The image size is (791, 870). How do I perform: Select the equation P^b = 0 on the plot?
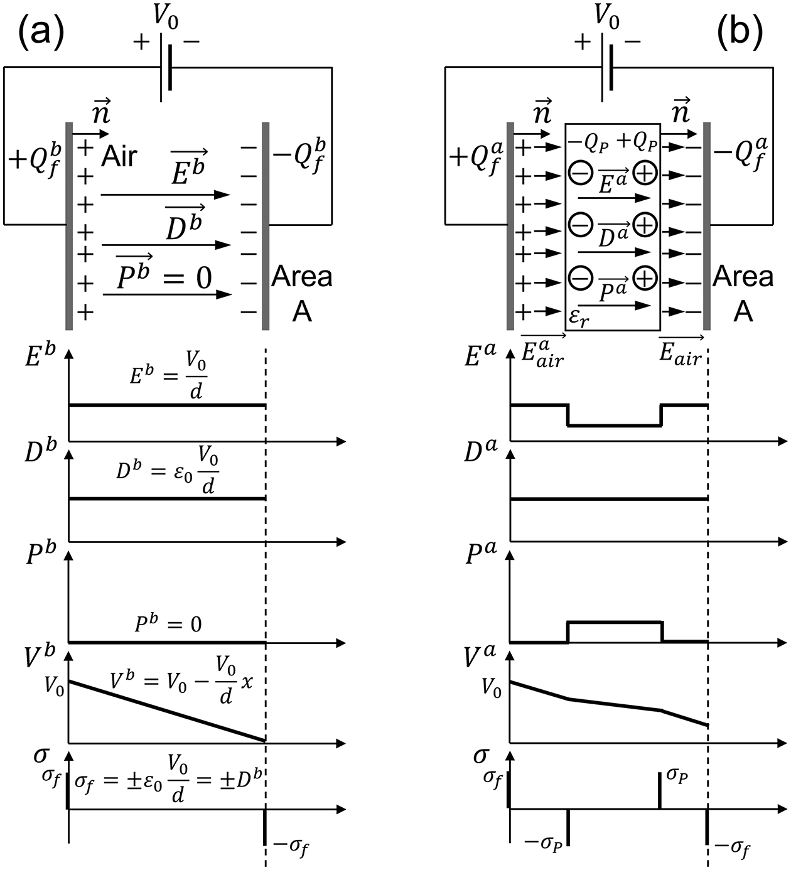point(168,625)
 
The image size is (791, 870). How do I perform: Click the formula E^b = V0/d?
point(168,376)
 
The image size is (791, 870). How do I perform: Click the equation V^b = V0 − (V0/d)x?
point(181,681)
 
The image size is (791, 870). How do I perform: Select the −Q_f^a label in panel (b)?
point(741,156)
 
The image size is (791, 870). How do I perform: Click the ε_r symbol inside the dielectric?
point(579,318)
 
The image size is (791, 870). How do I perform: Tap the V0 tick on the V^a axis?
point(491,689)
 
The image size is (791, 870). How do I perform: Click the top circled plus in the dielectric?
point(645,173)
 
